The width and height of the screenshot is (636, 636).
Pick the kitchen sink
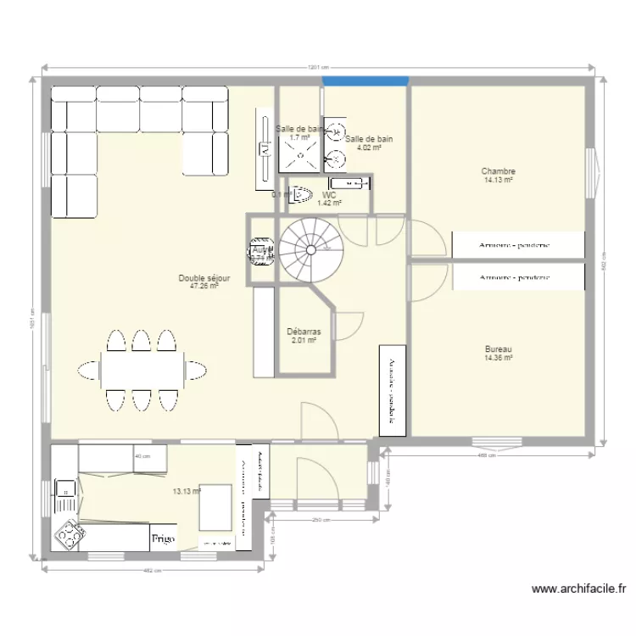pyautogui.click(x=64, y=488)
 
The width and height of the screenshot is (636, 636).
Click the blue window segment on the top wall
pyautogui.click(x=365, y=81)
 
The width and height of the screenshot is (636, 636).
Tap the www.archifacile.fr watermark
pyautogui.click(x=579, y=588)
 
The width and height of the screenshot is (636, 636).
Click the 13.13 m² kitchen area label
pyautogui.click(x=186, y=491)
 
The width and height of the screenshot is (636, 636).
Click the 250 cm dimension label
pyautogui.click(x=320, y=520)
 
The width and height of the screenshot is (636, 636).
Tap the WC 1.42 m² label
pyautogui.click(x=329, y=199)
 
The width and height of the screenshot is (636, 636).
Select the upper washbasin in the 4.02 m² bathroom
pyautogui.click(x=338, y=130)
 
